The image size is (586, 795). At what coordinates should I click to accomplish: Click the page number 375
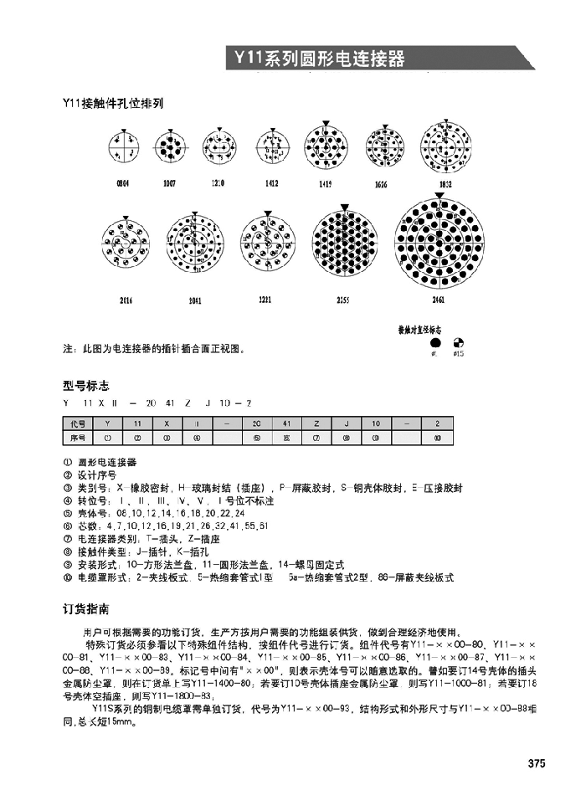(x=537, y=763)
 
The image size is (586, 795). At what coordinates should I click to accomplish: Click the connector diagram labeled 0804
(x=122, y=150)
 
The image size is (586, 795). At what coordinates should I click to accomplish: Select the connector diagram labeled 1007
(x=170, y=150)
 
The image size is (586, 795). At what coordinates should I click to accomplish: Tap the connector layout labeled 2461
(x=439, y=244)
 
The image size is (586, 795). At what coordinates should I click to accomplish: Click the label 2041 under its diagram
(x=195, y=299)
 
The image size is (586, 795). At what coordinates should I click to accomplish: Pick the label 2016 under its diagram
(x=126, y=299)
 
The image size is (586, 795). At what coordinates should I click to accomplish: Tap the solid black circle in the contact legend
(x=434, y=343)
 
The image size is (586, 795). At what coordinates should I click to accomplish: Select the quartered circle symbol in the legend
(x=458, y=343)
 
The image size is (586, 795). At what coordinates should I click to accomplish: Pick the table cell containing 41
(x=286, y=424)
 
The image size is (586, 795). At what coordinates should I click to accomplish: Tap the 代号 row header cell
(x=77, y=424)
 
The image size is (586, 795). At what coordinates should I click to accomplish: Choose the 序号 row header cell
(x=77, y=437)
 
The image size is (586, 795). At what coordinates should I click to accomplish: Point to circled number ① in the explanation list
(x=68, y=462)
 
